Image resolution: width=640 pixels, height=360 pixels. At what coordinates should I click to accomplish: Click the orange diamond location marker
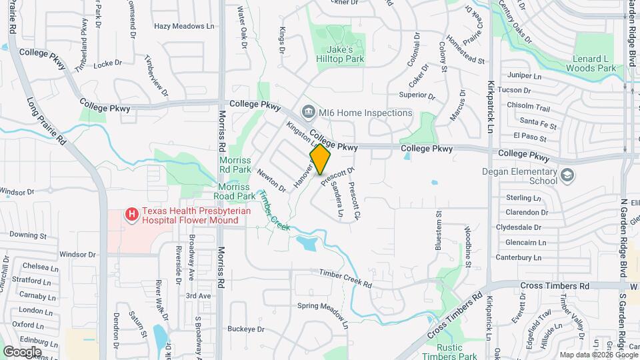(321, 159)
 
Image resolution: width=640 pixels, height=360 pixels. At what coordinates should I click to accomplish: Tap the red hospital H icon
(132, 215)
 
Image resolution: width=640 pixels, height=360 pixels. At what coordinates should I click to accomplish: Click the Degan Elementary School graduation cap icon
(567, 175)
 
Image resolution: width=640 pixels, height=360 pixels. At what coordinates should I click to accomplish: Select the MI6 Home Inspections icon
(309, 112)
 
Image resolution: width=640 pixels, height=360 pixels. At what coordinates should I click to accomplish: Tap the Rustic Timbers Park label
(458, 352)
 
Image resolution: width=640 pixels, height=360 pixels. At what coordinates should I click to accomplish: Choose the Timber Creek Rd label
(345, 279)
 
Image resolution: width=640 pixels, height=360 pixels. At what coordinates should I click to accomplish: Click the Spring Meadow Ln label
(323, 314)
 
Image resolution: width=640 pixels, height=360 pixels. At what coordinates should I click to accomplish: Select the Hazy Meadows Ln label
(184, 26)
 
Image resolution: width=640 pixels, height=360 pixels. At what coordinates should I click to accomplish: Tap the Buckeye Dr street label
(247, 329)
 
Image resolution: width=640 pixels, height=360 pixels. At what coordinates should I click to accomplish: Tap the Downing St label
(28, 235)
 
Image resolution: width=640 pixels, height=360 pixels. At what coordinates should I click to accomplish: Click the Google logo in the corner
(23, 351)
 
